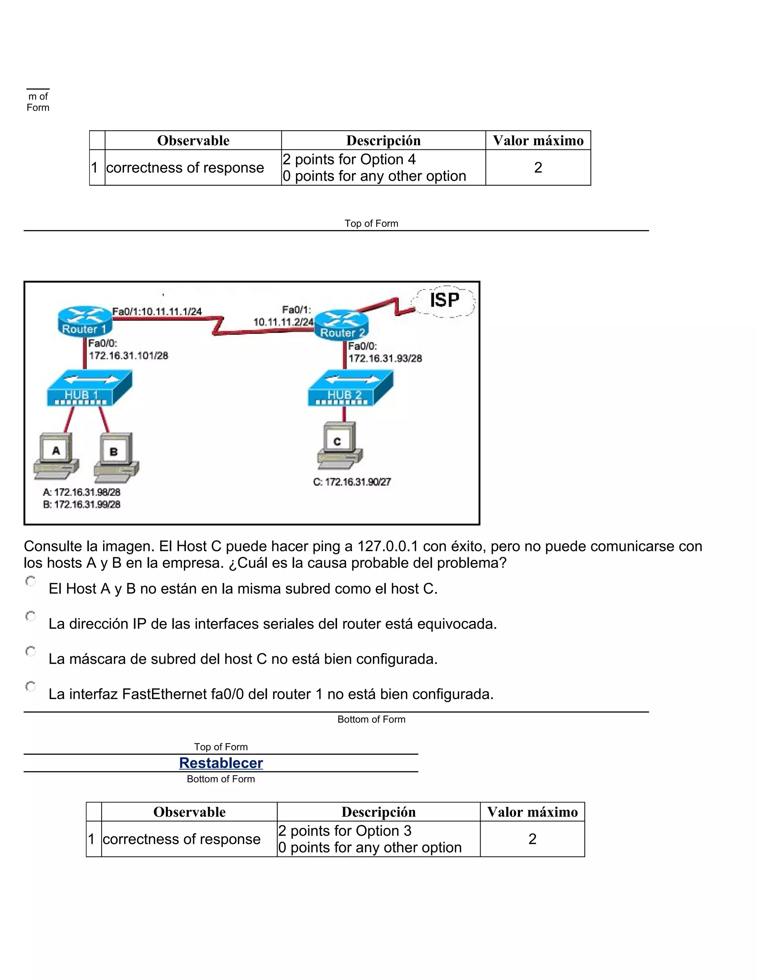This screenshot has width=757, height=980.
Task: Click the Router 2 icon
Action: [341, 324]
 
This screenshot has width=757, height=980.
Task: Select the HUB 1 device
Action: [89, 389]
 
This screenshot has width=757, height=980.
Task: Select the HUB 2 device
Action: [350, 389]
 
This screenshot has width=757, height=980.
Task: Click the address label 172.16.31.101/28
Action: [128, 356]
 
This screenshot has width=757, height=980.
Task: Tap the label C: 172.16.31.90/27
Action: [352, 482]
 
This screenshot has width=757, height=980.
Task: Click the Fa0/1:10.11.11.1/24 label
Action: [157, 311]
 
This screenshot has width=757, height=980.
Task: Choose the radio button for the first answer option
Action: [31, 582]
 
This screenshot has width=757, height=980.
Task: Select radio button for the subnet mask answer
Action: [31, 651]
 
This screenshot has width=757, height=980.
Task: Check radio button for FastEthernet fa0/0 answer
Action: [31, 686]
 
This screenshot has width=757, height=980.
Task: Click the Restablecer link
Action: [221, 763]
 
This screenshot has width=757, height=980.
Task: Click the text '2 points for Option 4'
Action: [349, 159]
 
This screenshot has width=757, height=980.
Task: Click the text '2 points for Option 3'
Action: [344, 831]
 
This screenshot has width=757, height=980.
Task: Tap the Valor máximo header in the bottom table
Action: [532, 812]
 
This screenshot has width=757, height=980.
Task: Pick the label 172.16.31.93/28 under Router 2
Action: [385, 358]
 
